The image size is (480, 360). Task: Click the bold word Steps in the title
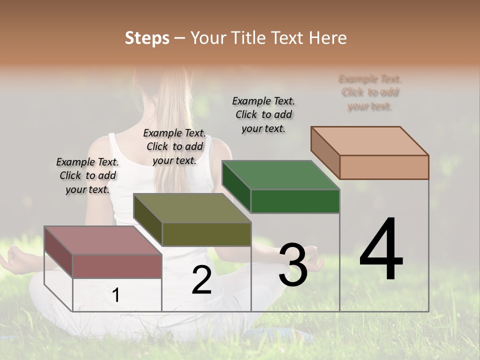(x=147, y=38)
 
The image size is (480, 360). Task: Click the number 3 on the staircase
(x=293, y=265)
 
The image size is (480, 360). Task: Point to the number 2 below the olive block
(x=201, y=280)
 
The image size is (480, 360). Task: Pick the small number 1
(x=116, y=295)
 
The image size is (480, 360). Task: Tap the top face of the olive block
(x=192, y=207)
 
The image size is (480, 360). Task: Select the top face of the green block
(x=280, y=175)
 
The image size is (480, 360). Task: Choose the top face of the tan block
(x=369, y=140)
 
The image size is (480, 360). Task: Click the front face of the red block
(x=117, y=266)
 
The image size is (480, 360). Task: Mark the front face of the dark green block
(x=295, y=201)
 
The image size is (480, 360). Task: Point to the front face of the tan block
(x=384, y=167)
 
